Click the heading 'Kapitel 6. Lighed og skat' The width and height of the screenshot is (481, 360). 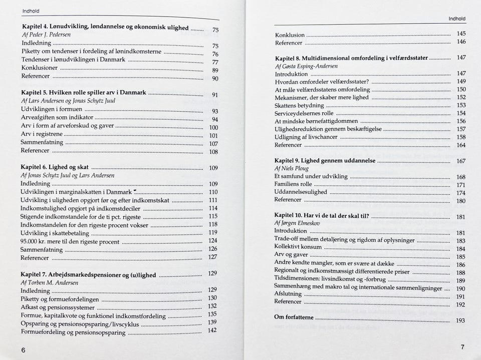click(x=55, y=167)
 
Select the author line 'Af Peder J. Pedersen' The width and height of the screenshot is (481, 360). click(x=46, y=35)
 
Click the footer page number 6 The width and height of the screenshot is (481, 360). click(x=23, y=350)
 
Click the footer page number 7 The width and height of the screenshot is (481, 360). click(x=462, y=347)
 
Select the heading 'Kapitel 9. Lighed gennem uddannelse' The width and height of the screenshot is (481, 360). click(x=325, y=161)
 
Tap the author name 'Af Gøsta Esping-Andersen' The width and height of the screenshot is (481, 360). click(x=306, y=66)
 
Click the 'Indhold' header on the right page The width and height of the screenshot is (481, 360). click(x=456, y=19)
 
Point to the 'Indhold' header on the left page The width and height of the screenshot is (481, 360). click(x=31, y=11)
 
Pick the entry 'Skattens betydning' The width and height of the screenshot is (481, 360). click(x=299, y=106)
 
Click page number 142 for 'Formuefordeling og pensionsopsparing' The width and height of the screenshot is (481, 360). click(x=212, y=330)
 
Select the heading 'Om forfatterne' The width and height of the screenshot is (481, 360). click(x=294, y=317)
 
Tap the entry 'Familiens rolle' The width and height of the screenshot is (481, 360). click(x=293, y=184)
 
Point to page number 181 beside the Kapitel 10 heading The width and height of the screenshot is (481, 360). click(x=460, y=217)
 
